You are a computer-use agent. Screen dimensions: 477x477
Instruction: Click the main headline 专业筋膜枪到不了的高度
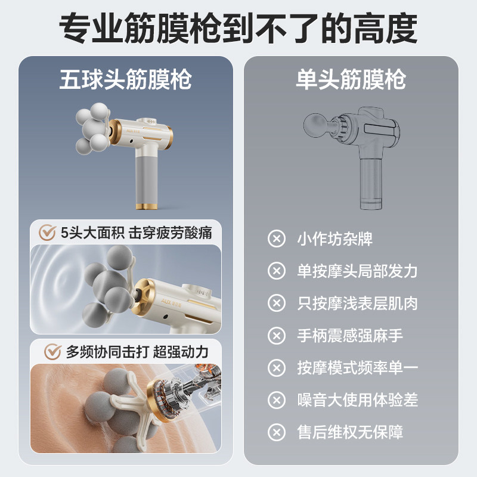238,26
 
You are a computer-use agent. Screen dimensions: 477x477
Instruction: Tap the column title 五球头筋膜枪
125,79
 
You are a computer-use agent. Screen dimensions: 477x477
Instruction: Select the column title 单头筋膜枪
351,79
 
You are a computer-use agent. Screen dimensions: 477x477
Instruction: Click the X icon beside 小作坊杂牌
276,239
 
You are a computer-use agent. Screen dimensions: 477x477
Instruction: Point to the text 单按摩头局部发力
357,271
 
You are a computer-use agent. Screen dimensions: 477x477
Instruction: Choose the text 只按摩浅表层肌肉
357,303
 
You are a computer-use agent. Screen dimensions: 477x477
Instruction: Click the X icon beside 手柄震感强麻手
276,335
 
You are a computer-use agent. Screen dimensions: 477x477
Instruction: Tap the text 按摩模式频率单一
357,367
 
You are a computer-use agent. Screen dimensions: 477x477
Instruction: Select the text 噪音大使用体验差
357,399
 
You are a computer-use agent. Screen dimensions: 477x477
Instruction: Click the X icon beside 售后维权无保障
276,431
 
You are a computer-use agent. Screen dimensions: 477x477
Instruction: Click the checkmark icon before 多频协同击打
53,351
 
